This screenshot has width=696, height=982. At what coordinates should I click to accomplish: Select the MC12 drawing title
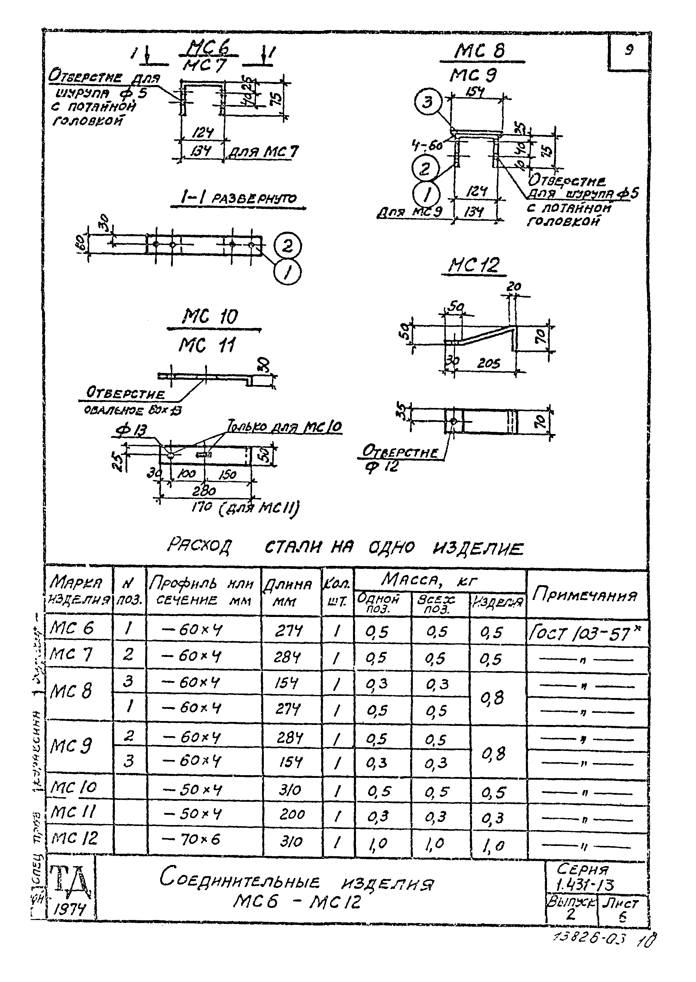pos(474,266)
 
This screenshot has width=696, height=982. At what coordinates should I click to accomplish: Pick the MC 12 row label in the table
pos(74,838)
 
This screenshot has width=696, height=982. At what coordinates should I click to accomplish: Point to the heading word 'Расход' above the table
pos(199,547)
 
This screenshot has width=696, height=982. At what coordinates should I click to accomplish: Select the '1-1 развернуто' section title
pos(238,198)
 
